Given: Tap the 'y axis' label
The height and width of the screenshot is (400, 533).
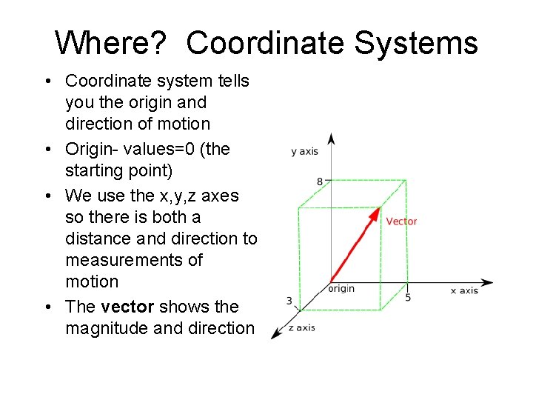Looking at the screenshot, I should point(304,151).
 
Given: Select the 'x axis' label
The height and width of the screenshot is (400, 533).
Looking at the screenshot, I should point(464,290).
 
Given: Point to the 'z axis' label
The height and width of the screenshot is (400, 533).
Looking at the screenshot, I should point(301,327).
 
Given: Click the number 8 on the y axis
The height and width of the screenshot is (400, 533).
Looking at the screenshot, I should point(320,181).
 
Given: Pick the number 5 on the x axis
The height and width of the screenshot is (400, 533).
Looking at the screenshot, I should point(408,297).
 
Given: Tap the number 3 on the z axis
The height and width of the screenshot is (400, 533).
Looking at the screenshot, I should point(289,301).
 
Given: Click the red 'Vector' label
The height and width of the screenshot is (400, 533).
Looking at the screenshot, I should point(401,221).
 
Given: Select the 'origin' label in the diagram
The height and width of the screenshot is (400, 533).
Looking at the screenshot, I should point(341,288).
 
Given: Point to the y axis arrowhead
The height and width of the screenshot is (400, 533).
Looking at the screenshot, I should point(332,139).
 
